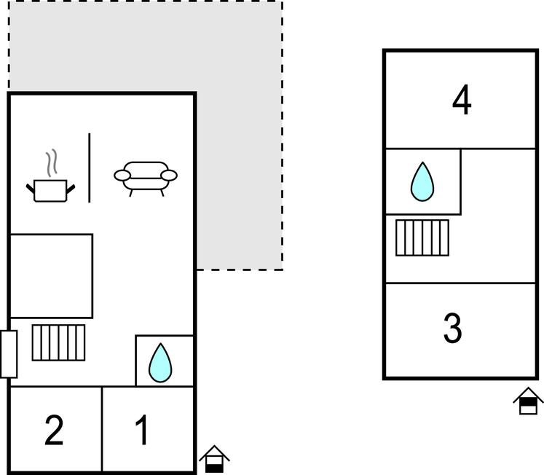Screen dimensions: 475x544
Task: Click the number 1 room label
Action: tap(143, 430)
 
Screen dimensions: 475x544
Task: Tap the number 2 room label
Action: tap(54, 430)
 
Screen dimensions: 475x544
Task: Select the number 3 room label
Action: tap(453, 329)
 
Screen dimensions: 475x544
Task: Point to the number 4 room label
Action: tap(462, 101)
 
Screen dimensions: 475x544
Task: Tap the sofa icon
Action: tap(146, 176)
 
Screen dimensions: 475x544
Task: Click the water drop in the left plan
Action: tap(159, 363)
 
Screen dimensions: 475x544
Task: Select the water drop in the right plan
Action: tap(422, 181)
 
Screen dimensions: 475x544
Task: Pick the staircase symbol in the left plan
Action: tap(58, 342)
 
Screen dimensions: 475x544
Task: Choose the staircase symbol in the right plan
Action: tap(422, 237)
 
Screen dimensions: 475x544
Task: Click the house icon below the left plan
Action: tap(214, 459)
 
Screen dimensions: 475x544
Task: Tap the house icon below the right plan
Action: tap(529, 401)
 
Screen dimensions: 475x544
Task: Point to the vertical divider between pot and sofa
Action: tap(90, 168)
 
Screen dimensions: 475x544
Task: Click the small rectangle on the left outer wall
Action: tap(9, 354)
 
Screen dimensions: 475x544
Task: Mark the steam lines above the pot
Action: tap(50, 163)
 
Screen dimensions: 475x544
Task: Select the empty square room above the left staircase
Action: tap(51, 276)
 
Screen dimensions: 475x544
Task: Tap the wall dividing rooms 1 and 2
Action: tap(102, 429)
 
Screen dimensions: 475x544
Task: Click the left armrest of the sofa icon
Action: tap(122, 175)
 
